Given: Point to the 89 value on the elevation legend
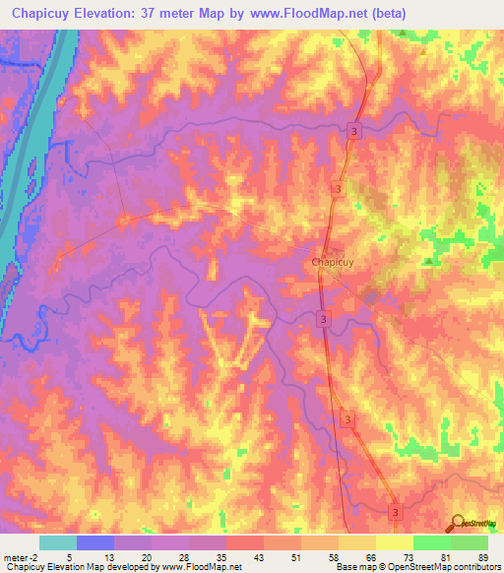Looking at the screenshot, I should point(482,558).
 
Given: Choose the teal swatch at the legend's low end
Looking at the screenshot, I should point(58,542).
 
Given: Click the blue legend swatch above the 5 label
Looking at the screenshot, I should point(95,542).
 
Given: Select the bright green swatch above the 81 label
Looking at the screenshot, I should point(432,542).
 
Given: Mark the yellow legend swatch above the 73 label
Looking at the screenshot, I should point(395,542).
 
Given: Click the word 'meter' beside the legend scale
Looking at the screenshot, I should point(15,558).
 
